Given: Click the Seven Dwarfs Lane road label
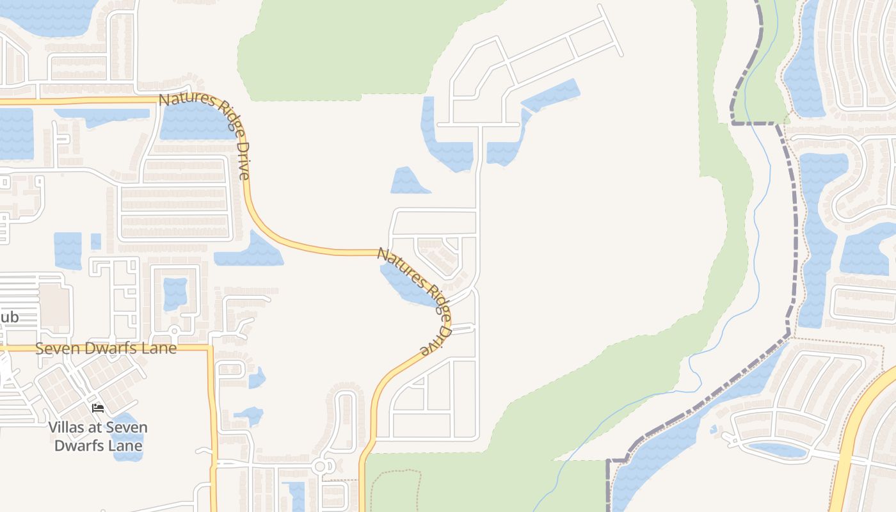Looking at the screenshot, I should click(106, 349).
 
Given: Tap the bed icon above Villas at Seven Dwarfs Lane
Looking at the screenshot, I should click(98, 408).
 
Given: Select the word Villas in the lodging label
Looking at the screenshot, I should click(71, 428).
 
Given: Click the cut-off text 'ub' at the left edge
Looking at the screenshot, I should click(10, 317).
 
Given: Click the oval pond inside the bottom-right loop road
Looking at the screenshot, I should click(778, 450).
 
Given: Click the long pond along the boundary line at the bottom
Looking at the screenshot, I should click(678, 435).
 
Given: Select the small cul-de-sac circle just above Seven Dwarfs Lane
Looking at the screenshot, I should click(174, 331).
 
